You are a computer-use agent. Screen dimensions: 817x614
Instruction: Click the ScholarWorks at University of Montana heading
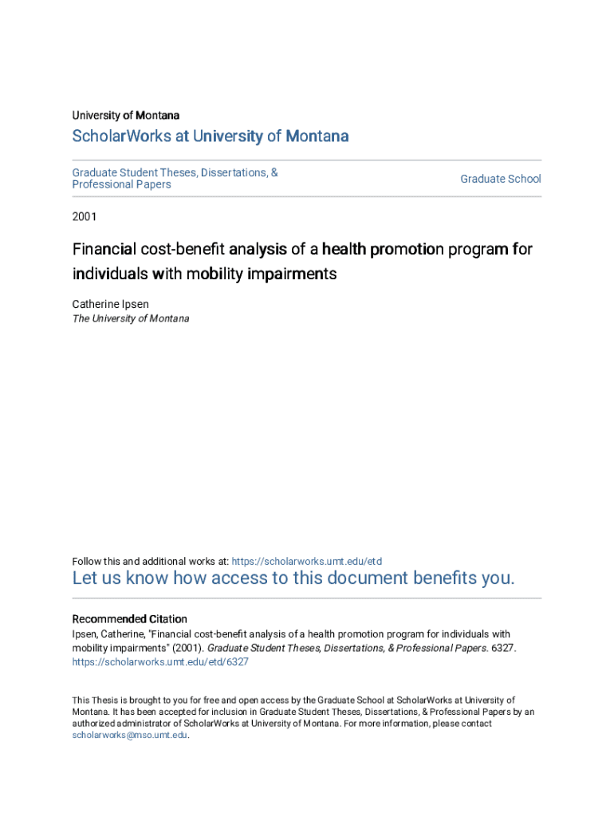tap(211, 136)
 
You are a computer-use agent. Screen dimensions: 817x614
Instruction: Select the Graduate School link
tap(500, 179)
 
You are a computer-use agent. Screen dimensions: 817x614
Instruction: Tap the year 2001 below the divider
tap(85, 215)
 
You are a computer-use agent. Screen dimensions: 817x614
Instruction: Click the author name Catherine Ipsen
tap(112, 304)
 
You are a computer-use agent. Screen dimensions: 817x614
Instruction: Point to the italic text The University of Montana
tap(131, 318)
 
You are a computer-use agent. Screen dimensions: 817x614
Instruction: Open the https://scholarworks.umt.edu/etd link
tap(306, 562)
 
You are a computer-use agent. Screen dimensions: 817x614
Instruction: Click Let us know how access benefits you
tap(293, 578)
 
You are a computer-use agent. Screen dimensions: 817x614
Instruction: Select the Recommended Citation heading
tap(130, 619)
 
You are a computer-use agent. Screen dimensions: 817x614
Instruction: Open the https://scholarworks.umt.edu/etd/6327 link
tap(160, 662)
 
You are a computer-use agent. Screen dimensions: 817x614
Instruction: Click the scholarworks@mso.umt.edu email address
tap(130, 736)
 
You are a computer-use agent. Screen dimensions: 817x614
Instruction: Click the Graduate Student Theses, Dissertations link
tap(175, 172)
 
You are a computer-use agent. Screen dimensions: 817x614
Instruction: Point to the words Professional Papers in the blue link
tap(122, 184)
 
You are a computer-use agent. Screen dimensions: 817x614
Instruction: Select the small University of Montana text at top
tap(126, 116)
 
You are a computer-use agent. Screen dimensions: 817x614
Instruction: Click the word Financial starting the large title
tap(104, 250)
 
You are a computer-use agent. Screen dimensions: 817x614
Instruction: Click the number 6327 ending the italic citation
tap(503, 649)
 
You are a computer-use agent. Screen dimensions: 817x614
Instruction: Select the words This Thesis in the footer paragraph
tap(90, 701)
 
